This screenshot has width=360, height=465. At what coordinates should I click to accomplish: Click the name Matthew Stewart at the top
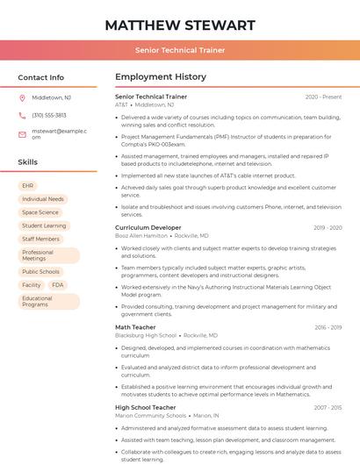coord(180,25)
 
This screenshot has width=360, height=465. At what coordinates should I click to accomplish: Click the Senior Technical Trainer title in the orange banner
coord(180,50)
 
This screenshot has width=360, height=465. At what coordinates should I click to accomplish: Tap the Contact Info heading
coord(41,77)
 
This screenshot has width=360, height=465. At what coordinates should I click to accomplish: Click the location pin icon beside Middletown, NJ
coord(22,97)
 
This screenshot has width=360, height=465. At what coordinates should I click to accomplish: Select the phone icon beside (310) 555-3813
coord(22,115)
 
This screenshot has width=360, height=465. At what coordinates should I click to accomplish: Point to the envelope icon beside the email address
coord(22,134)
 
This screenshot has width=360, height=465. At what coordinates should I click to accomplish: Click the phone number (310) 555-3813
coord(49,115)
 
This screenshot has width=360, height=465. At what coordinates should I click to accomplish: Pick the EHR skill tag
coord(28,186)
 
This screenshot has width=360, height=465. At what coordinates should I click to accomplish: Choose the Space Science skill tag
coord(40,212)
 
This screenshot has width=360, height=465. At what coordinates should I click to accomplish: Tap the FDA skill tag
coord(58,285)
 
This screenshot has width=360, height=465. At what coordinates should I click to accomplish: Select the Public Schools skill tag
coord(41,272)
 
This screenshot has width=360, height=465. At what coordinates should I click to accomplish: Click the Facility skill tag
coord(32,285)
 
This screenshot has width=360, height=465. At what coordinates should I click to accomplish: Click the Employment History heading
coord(161,77)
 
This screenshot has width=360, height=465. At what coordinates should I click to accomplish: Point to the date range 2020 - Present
coord(324,97)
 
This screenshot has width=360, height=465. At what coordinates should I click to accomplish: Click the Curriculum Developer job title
coord(148,227)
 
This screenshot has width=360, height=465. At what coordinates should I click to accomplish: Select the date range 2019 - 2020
coord(328,227)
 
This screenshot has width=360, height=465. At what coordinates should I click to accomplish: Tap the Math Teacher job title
coord(135,327)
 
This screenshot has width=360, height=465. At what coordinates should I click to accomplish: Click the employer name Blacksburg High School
coord(145,335)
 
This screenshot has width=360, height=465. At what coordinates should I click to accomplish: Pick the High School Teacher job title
coord(146,407)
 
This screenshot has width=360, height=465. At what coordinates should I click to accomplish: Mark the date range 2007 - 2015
coord(328,408)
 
